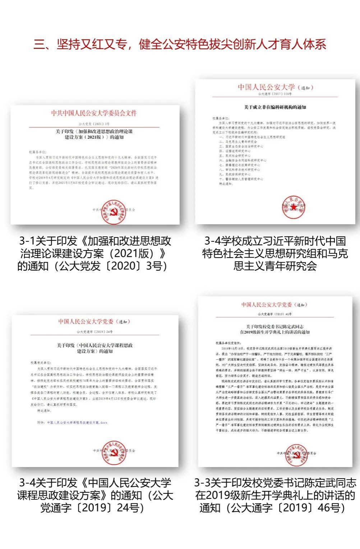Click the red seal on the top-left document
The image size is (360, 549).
click(113, 212)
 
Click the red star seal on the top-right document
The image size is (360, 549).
click(294, 207)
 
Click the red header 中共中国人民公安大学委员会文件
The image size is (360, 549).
click(94, 113)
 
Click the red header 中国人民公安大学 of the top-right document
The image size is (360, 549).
click(266, 87)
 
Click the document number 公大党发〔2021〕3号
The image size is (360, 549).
click(94, 124)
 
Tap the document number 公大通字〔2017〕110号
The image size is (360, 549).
click(275, 94)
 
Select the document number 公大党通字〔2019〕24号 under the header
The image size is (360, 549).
click(94, 332)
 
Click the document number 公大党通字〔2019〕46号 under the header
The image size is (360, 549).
click(275, 314)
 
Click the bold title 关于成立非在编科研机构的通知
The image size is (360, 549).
click(275, 107)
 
